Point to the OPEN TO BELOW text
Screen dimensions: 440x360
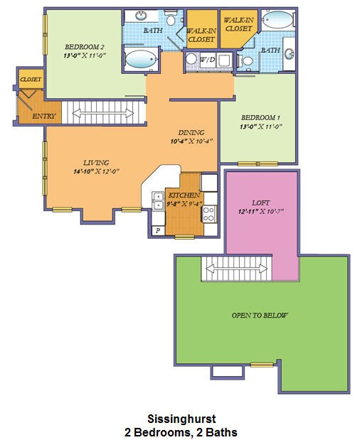(x=260, y=315)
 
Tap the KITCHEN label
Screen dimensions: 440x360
(x=184, y=195)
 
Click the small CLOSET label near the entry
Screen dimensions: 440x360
(x=31, y=80)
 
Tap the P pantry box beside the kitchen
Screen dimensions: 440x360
(x=157, y=231)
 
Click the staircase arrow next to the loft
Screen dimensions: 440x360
(x=238, y=267)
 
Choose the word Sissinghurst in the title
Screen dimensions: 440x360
(x=181, y=420)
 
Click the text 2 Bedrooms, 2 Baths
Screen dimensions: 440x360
(x=181, y=431)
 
